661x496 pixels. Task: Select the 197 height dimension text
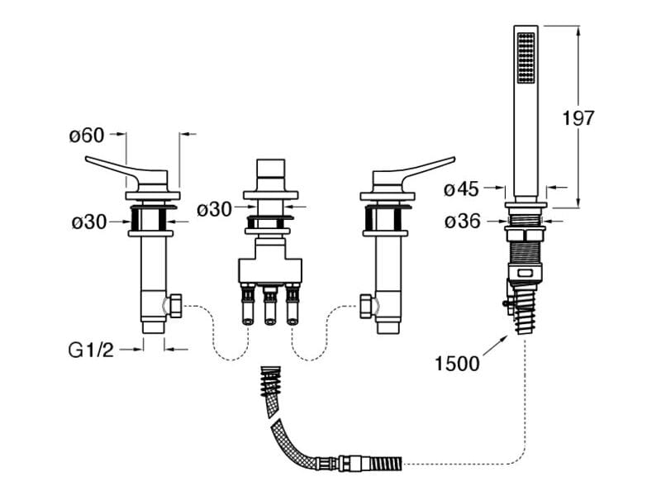coord(578,118)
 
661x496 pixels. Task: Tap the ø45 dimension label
coord(461,189)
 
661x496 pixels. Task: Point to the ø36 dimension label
coord(461,222)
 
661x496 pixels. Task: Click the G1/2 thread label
coord(90,350)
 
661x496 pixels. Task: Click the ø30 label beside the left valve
coord(88,222)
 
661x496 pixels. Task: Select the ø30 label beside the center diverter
coord(214,210)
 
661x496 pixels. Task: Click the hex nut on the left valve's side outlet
coord(175,308)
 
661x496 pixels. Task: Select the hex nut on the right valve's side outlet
coord(368,308)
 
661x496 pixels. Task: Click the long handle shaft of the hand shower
coord(525,141)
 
